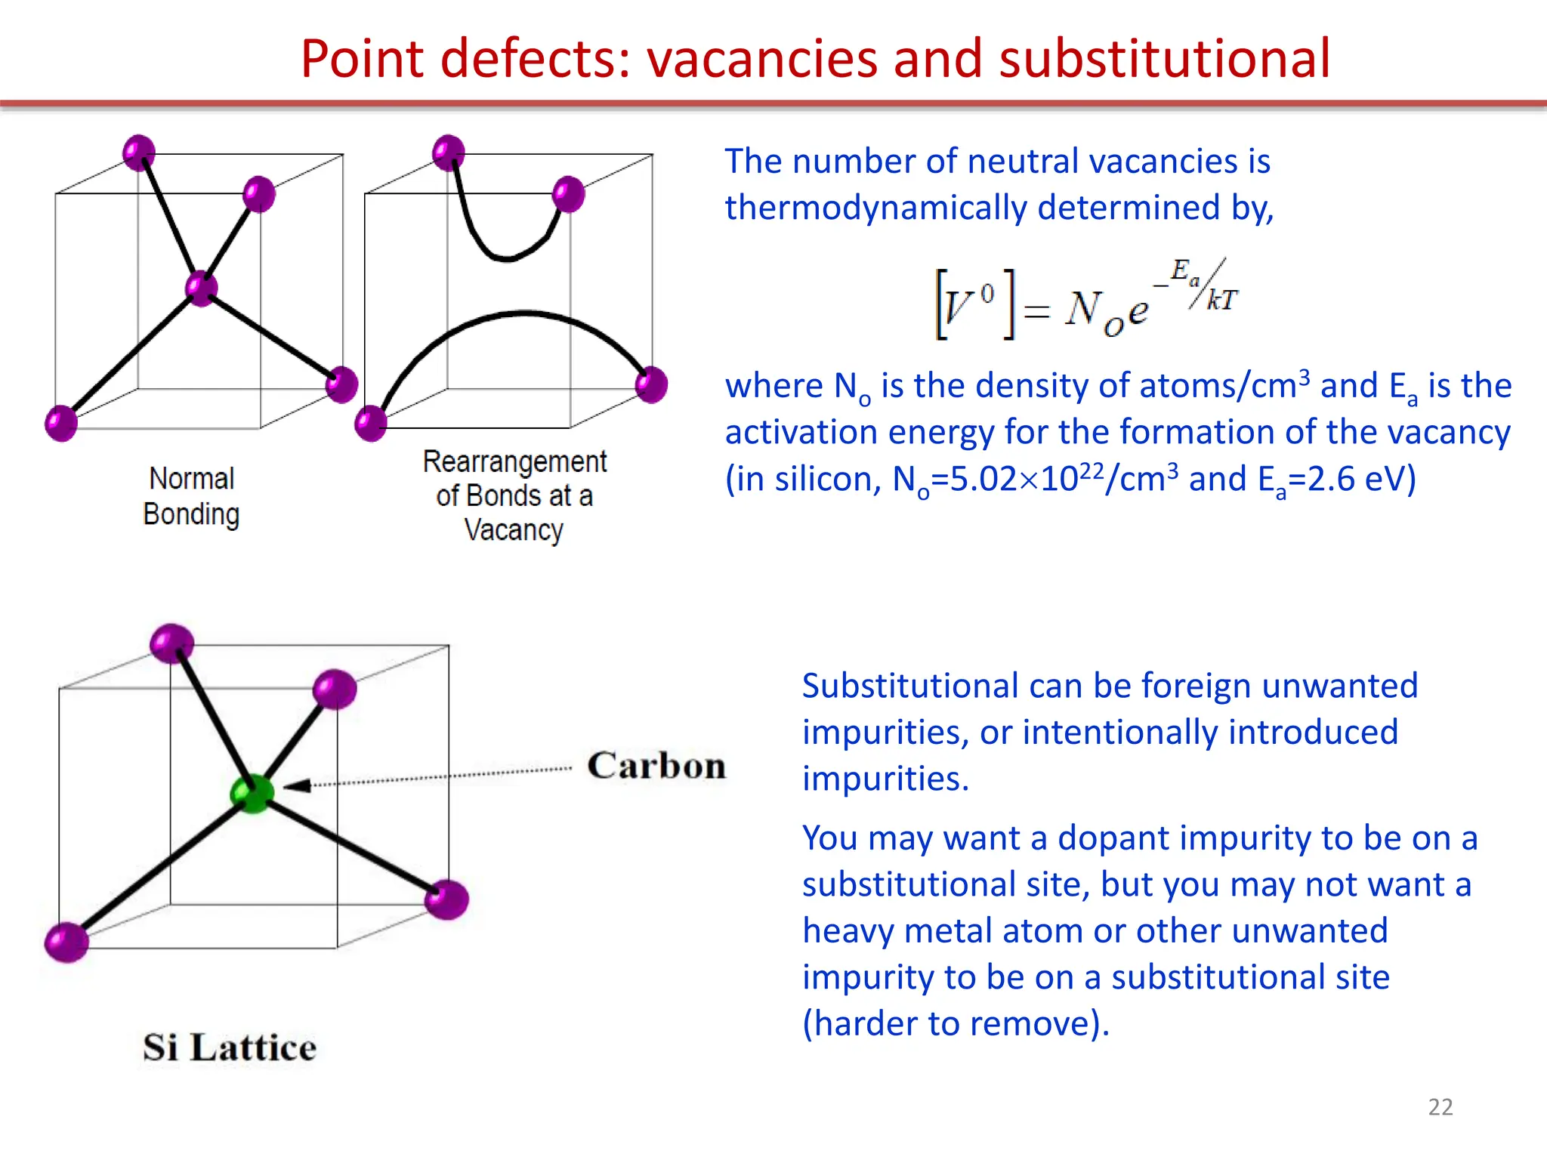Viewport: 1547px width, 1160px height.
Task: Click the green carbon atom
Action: [x=252, y=793]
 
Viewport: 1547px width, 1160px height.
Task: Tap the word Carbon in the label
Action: [x=656, y=766]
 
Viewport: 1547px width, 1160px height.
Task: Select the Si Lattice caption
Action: [x=230, y=1047]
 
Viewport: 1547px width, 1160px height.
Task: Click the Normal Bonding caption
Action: [x=192, y=496]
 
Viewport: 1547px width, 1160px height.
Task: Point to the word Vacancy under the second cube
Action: [x=514, y=530]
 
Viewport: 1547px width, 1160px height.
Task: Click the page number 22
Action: [x=1440, y=1107]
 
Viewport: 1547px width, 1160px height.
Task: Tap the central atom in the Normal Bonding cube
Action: [x=201, y=288]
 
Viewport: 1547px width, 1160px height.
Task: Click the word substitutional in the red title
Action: [x=1164, y=58]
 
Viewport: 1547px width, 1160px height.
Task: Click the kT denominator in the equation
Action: [x=1221, y=301]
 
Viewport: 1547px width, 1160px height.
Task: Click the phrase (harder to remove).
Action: [x=956, y=1024]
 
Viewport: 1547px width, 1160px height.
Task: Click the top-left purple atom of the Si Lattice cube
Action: [x=172, y=643]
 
